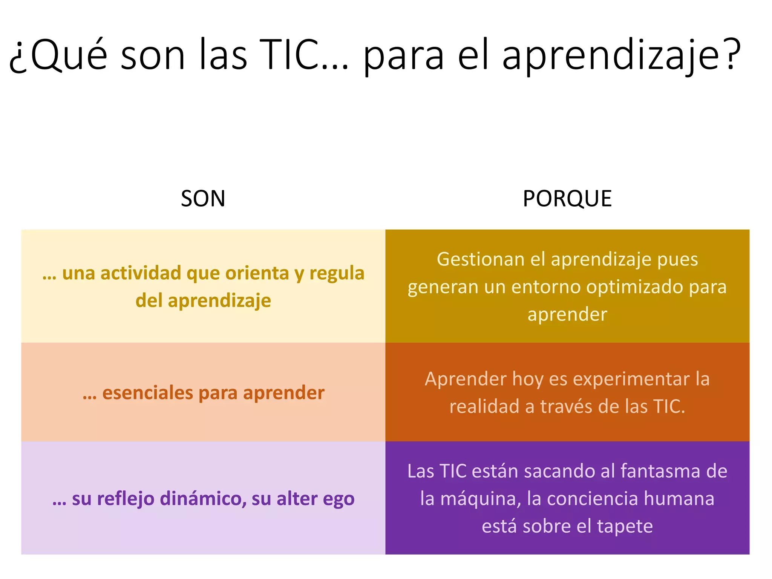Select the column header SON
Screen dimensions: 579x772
coord(203,199)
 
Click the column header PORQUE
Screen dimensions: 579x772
coord(567,199)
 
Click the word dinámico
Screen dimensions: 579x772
coord(203,499)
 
